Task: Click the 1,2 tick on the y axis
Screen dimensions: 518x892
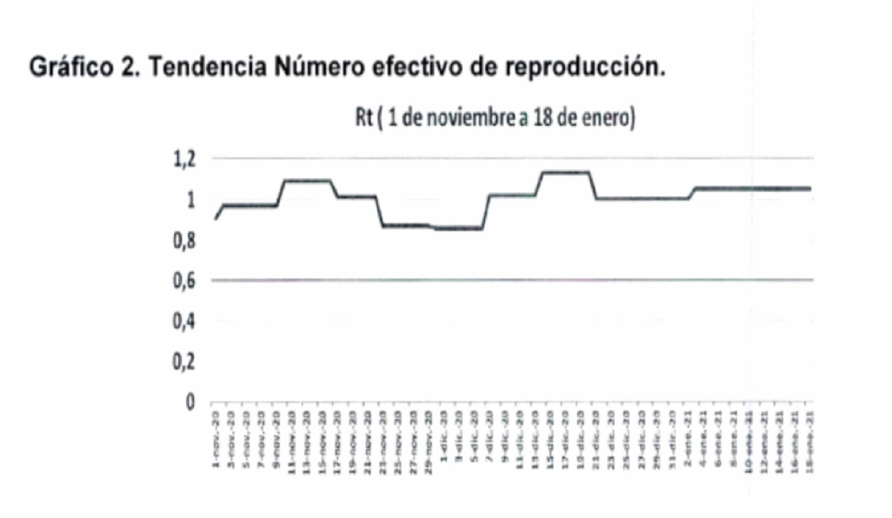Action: point(184,158)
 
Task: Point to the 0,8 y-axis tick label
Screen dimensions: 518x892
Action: point(184,240)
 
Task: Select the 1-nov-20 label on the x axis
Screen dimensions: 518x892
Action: point(216,438)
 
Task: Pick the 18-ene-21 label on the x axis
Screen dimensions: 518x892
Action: point(809,438)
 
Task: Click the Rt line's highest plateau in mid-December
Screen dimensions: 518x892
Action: point(565,172)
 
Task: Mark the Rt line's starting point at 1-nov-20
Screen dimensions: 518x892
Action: point(215,219)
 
